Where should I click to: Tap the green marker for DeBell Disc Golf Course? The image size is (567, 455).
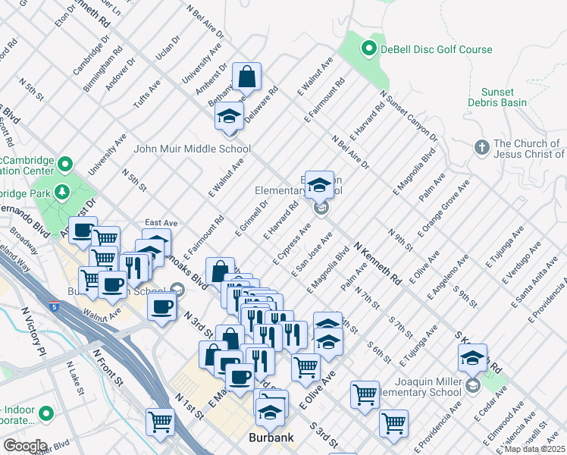[x=369, y=50]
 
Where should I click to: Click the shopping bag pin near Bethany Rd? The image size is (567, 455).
[x=246, y=78]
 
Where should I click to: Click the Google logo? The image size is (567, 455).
[x=25, y=446]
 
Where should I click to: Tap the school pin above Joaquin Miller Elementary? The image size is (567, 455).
[x=472, y=358]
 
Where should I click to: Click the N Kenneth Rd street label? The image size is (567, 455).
[x=377, y=264]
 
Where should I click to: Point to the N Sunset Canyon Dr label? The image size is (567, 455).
[x=409, y=118]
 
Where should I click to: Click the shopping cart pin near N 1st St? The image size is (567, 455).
[x=161, y=422]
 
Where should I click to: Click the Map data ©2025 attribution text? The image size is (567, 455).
[x=535, y=449]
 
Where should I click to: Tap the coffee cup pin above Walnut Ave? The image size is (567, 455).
[x=161, y=308]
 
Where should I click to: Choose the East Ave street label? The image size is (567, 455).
[x=161, y=223]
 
